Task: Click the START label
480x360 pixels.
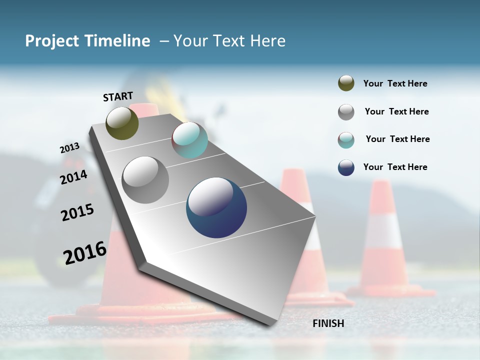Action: pos(118,96)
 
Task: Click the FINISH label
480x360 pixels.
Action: pos(328,323)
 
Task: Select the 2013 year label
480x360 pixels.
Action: pos(69,148)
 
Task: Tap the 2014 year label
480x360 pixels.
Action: pos(73,177)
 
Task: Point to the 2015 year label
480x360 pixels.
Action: pos(77,212)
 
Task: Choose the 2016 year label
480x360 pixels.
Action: pos(85,252)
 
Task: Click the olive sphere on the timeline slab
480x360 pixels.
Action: pos(122,123)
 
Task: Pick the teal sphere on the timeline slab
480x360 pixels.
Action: pos(189,140)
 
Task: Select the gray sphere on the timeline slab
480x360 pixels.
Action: pos(145,179)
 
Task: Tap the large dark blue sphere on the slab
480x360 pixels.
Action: pos(216,207)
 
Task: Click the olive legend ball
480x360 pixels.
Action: pos(346,83)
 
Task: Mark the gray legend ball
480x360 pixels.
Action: pos(346,112)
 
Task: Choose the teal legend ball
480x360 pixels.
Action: pos(346,140)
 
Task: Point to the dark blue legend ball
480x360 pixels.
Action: pos(346,167)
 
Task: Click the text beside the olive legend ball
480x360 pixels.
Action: pos(395,83)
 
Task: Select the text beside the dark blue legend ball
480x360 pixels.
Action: pos(395,167)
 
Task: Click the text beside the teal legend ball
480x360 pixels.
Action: pos(397,139)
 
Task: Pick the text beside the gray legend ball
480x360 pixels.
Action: pos(396,111)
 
